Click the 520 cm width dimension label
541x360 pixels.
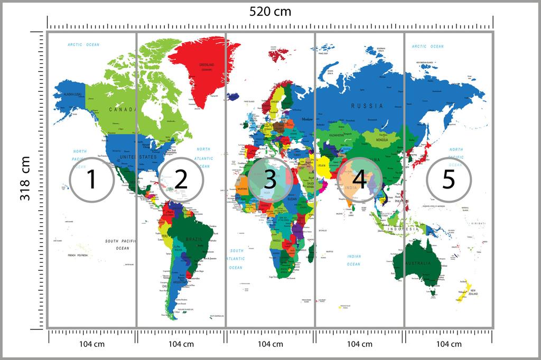pyautogui.click(x=270, y=12)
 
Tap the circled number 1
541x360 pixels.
pyautogui.click(x=91, y=179)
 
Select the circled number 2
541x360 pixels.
pyautogui.click(x=181, y=179)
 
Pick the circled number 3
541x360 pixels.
pyautogui.click(x=270, y=179)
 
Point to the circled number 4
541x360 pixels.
pyautogui.click(x=359, y=179)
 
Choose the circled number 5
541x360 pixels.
pyautogui.click(x=449, y=179)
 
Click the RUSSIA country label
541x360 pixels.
pyautogui.click(x=367, y=106)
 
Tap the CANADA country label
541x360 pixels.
pyautogui.click(x=121, y=109)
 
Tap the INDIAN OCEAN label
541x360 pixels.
pyautogui.click(x=354, y=260)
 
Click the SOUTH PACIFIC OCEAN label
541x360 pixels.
pyautogui.click(x=117, y=244)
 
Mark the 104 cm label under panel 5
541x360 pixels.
pyautogui.click(x=449, y=344)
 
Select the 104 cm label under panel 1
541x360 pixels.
pyautogui.click(x=91, y=344)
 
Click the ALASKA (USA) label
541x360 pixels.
pyautogui.click(x=72, y=94)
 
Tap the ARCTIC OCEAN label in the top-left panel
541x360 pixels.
pyautogui.click(x=83, y=45)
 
